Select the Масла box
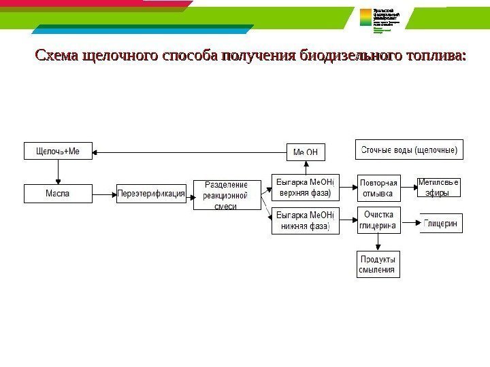pyautogui.click(x=58, y=194)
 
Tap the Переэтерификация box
pyautogui.click(x=152, y=194)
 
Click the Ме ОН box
pyautogui.click(x=305, y=152)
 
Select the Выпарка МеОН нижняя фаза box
pyautogui.click(x=304, y=221)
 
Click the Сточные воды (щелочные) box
pyautogui.click(x=409, y=149)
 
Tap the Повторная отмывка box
pyautogui.click(x=378, y=188)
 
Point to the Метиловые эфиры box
pyautogui.click(x=438, y=187)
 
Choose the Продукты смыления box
pyautogui.click(x=378, y=264)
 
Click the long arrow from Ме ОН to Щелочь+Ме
pyautogui.click(x=191, y=152)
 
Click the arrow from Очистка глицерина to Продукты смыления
pyautogui.click(x=378, y=242)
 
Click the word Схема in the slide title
pyautogui.click(x=56, y=55)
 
